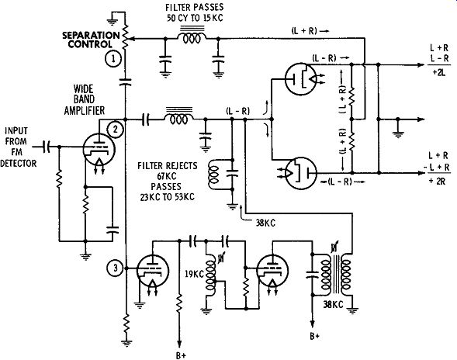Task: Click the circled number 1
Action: [113, 59]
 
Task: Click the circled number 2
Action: [116, 129]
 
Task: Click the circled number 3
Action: [116, 268]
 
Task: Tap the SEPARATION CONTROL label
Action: [91, 40]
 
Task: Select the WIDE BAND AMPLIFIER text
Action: [85, 100]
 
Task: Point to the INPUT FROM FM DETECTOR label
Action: [18, 147]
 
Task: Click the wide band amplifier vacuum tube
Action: [99, 150]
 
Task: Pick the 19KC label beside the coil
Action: [194, 274]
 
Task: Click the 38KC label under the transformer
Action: [333, 305]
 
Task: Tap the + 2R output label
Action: [437, 181]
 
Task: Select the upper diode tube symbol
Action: [301, 79]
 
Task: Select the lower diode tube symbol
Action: [301, 174]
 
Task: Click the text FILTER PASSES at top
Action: [195, 7]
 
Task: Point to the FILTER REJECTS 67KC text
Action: [168, 171]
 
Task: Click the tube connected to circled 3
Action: [153, 271]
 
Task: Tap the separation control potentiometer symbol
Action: [126, 37]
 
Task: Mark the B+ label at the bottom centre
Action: [181, 355]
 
